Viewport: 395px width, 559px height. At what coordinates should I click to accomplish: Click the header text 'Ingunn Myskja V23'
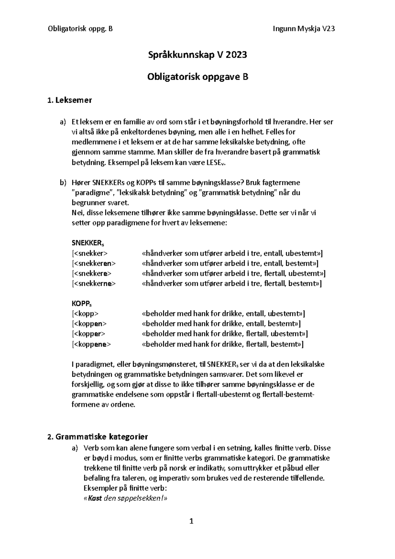click(x=304, y=29)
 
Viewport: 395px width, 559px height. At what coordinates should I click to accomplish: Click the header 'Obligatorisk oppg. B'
click(x=80, y=29)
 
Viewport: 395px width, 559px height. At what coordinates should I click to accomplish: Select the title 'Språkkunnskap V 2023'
click(x=197, y=55)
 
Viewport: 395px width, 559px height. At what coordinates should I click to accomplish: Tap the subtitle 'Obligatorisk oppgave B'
click(x=197, y=77)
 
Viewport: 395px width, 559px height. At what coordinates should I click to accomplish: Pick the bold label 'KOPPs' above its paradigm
click(x=82, y=304)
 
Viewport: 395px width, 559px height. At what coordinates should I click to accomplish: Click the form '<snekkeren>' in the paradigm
click(x=94, y=263)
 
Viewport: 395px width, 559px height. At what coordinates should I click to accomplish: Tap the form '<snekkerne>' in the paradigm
click(x=94, y=283)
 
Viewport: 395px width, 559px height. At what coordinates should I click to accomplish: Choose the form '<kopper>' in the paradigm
click(x=89, y=334)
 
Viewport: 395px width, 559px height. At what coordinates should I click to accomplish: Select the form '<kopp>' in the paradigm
click(x=85, y=314)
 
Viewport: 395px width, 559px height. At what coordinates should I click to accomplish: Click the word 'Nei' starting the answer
click(x=76, y=213)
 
